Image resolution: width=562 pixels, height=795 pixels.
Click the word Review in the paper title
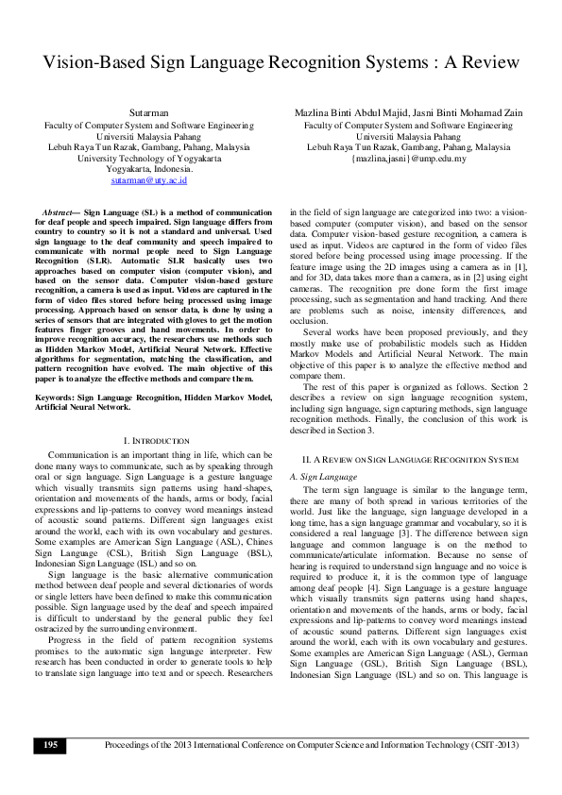tap(485, 63)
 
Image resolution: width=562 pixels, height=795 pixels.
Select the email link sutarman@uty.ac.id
tap(148, 179)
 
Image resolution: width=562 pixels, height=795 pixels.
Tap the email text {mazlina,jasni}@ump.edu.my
tap(408, 158)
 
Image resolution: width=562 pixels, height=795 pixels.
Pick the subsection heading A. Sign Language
tap(323, 477)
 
